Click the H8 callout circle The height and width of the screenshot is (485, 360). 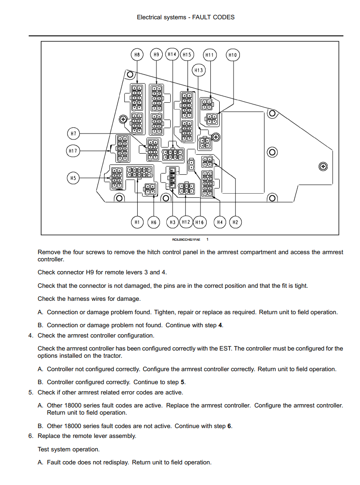click(x=137, y=55)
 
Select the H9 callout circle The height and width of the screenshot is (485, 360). click(x=156, y=55)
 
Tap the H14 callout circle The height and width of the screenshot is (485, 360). click(x=172, y=54)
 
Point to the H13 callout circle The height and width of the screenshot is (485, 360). click(x=199, y=70)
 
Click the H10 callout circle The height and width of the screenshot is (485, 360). click(x=233, y=55)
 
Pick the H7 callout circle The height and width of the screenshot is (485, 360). click(x=73, y=134)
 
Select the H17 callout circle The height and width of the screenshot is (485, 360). click(x=73, y=151)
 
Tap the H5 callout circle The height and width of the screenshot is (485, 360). click(x=73, y=178)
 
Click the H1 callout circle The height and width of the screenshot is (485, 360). click(x=137, y=222)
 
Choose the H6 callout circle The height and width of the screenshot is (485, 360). click(x=154, y=222)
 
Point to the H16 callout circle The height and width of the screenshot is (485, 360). click(x=200, y=222)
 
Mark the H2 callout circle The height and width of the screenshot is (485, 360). click(x=235, y=222)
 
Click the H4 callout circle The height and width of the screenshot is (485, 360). click(x=220, y=222)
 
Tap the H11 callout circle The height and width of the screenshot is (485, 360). click(x=210, y=55)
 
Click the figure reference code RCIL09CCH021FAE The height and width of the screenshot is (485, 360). click(x=186, y=240)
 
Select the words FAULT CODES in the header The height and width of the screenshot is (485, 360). click(x=213, y=17)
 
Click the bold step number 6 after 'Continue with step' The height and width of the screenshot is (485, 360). click(x=229, y=426)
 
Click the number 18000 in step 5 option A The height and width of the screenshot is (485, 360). click(x=73, y=406)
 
